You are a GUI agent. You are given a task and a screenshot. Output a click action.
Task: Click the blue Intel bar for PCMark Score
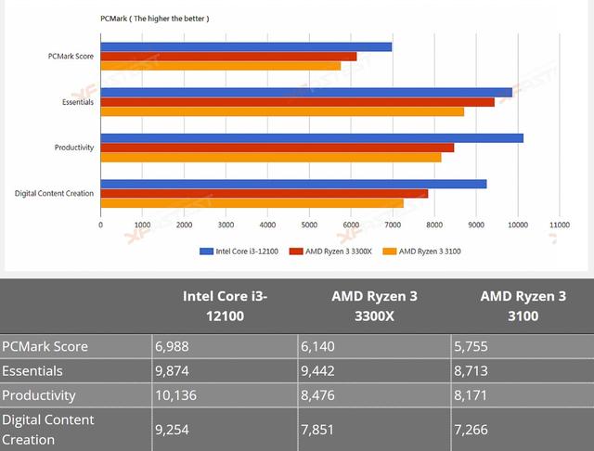pyautogui.click(x=246, y=46)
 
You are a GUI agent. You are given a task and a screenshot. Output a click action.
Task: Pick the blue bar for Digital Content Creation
pyautogui.click(x=293, y=184)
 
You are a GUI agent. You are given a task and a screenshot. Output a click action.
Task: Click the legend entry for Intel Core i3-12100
pyautogui.click(x=239, y=251)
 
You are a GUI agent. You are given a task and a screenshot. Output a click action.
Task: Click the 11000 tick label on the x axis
pyautogui.click(x=559, y=225)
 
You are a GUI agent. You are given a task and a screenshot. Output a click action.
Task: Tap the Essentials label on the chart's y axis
pyautogui.click(x=76, y=101)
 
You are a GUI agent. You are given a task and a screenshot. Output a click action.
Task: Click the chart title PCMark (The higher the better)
pyautogui.click(x=154, y=19)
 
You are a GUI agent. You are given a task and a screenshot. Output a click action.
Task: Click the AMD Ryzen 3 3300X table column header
pyautogui.click(x=374, y=305)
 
